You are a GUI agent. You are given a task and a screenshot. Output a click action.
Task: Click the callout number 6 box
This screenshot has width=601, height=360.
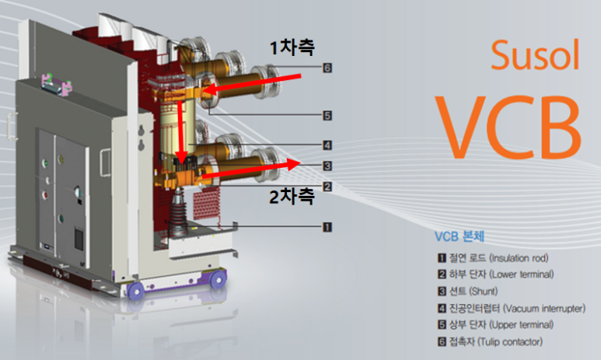pos(327,68)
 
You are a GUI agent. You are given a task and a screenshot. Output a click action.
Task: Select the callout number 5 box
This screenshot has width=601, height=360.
pos(327,115)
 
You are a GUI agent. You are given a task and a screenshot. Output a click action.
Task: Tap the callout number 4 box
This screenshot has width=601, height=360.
pos(327,145)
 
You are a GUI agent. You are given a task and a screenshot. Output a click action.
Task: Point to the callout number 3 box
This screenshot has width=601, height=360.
pos(327,166)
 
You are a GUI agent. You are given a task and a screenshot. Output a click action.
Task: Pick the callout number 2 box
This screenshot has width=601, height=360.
pos(327,187)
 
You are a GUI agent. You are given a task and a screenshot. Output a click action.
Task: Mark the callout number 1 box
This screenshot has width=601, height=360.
pos(327,227)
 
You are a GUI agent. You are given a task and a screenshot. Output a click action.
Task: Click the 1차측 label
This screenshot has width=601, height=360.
pos(292,47)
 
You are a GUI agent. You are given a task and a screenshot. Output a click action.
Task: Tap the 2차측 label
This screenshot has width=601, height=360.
pos(292,196)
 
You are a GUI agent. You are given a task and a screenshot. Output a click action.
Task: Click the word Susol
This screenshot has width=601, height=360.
pos(535,55)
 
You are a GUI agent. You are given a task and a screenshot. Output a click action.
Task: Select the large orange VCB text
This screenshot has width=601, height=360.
pos(509,127)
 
